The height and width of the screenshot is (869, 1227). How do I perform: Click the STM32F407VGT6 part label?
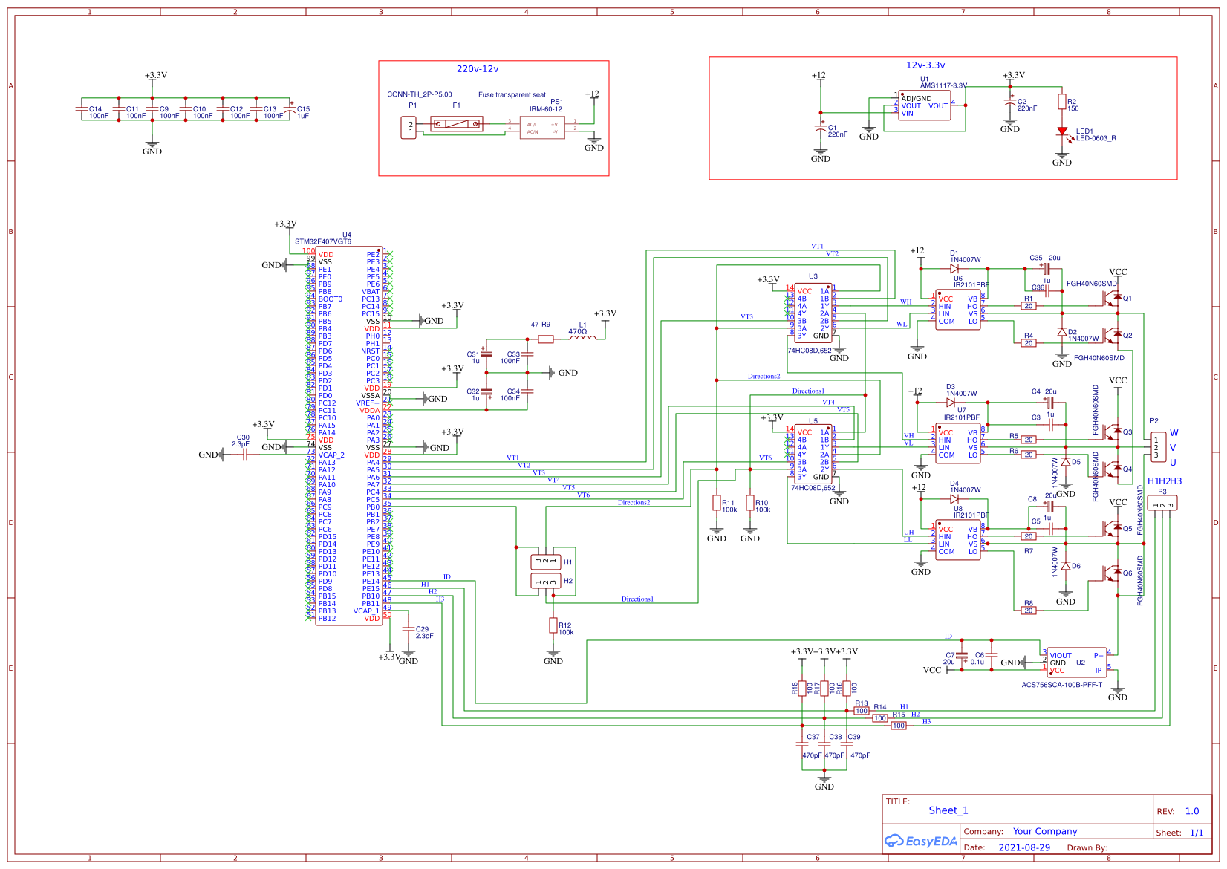click(323, 241)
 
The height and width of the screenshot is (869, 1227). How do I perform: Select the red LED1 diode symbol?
click(1062, 131)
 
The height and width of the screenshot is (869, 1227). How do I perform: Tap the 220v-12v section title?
click(477, 69)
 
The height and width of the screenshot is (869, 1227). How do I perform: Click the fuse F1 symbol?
click(456, 123)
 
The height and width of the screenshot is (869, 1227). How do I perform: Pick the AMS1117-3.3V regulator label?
click(943, 85)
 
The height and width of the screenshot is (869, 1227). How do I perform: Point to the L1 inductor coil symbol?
click(582, 339)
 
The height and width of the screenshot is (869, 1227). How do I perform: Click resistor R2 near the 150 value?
click(1062, 102)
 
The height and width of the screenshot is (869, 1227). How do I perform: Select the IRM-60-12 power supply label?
click(545, 109)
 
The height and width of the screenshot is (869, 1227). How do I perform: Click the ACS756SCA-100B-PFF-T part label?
click(1061, 685)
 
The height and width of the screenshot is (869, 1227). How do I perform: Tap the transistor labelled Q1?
click(1112, 298)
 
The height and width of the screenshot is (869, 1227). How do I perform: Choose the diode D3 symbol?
click(951, 402)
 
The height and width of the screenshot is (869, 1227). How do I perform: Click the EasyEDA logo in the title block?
click(920, 841)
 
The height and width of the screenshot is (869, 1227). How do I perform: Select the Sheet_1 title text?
click(948, 810)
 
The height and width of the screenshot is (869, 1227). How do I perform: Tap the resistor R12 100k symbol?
click(553, 625)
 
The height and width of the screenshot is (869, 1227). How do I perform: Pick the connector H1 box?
click(545, 562)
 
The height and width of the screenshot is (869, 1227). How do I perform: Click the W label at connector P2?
click(1174, 432)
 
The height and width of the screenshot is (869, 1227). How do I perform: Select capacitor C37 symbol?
click(802, 744)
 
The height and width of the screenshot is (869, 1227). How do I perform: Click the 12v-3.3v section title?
click(925, 65)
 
